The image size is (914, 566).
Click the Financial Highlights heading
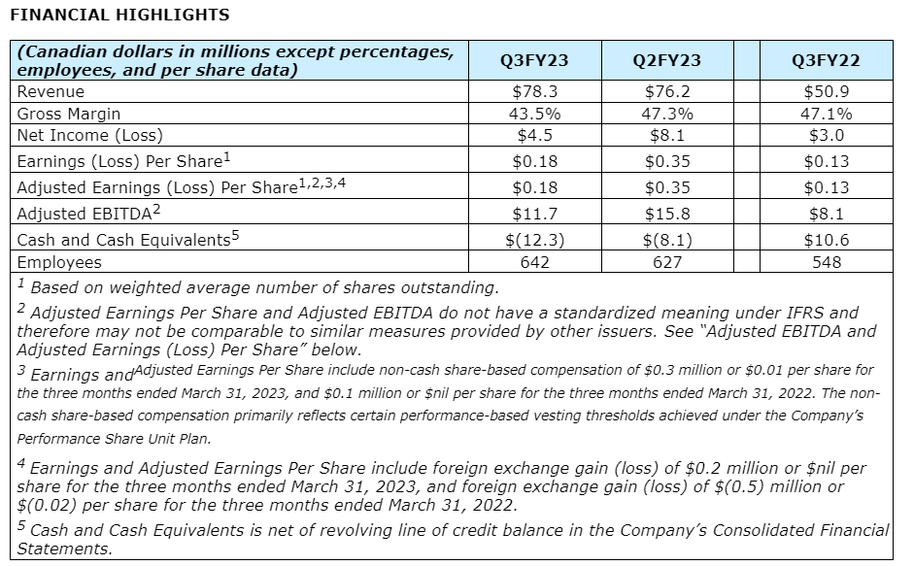118,15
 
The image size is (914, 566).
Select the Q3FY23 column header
533,61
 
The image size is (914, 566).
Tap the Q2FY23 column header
666,61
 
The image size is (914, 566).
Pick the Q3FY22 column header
826,61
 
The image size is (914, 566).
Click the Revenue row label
51,91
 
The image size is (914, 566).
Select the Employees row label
59,262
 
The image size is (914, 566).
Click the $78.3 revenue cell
533,91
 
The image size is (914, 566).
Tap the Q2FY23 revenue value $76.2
666,91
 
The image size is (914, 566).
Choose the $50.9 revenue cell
826,91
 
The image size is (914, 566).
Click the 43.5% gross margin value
533,113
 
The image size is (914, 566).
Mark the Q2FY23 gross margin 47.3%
666,113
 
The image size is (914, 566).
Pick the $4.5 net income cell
533,135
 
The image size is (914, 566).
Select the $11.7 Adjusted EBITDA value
533,214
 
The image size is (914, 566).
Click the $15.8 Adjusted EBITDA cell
666,214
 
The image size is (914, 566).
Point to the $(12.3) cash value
533,240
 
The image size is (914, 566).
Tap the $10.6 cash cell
826,240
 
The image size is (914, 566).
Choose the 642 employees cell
533,262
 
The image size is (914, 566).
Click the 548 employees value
826,262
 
